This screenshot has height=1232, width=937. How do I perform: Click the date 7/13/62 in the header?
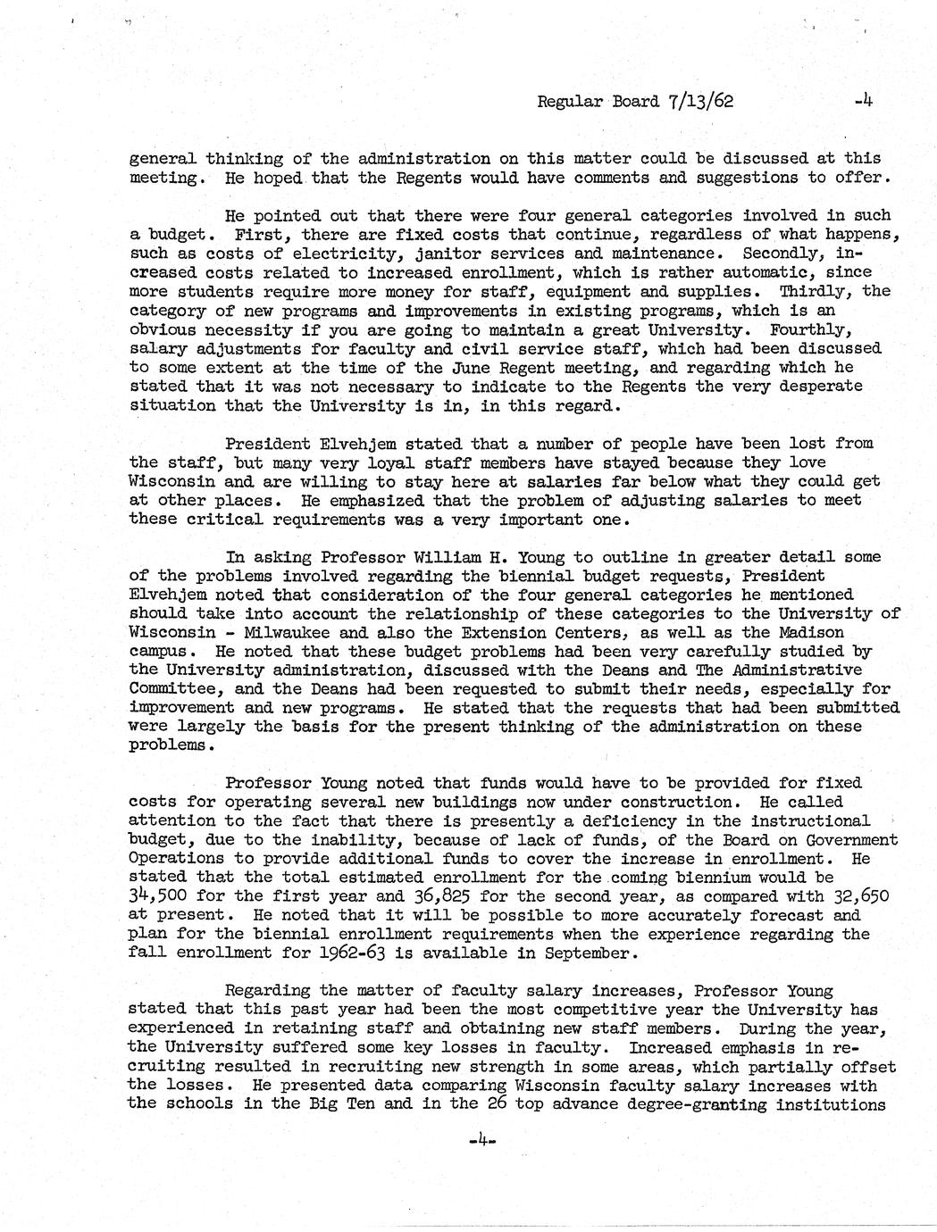click(x=700, y=101)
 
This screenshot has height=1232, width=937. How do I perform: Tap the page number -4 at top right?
click(x=862, y=101)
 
